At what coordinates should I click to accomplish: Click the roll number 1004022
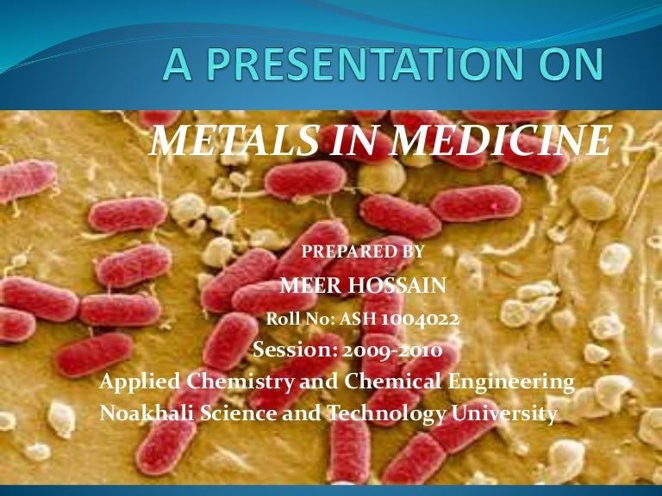420,319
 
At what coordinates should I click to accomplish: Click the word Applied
135,381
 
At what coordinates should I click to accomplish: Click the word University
503,413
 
